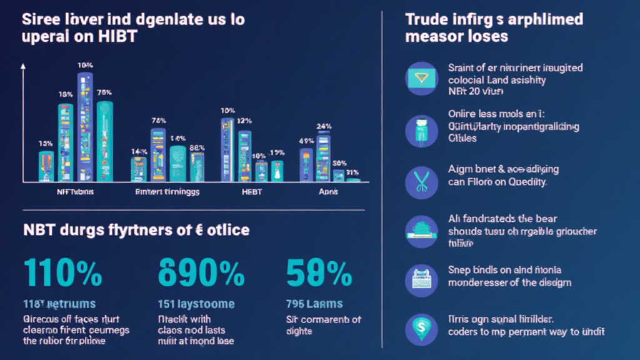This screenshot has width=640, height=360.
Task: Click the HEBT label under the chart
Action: (x=251, y=192)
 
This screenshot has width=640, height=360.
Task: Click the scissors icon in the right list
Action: (x=422, y=181)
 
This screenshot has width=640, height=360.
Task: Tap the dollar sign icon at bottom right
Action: (x=422, y=326)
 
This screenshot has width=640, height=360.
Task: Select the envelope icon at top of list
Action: (x=422, y=79)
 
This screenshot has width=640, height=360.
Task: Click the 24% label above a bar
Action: (x=324, y=126)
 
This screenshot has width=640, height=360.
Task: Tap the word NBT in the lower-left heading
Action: (x=42, y=230)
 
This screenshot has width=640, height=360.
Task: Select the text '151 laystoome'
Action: (x=196, y=304)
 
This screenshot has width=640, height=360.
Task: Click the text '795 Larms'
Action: (x=314, y=304)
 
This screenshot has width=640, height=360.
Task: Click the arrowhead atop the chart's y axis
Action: (x=23, y=64)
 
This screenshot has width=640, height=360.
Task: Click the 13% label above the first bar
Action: (x=45, y=143)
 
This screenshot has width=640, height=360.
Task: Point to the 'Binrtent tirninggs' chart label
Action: (x=167, y=192)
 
